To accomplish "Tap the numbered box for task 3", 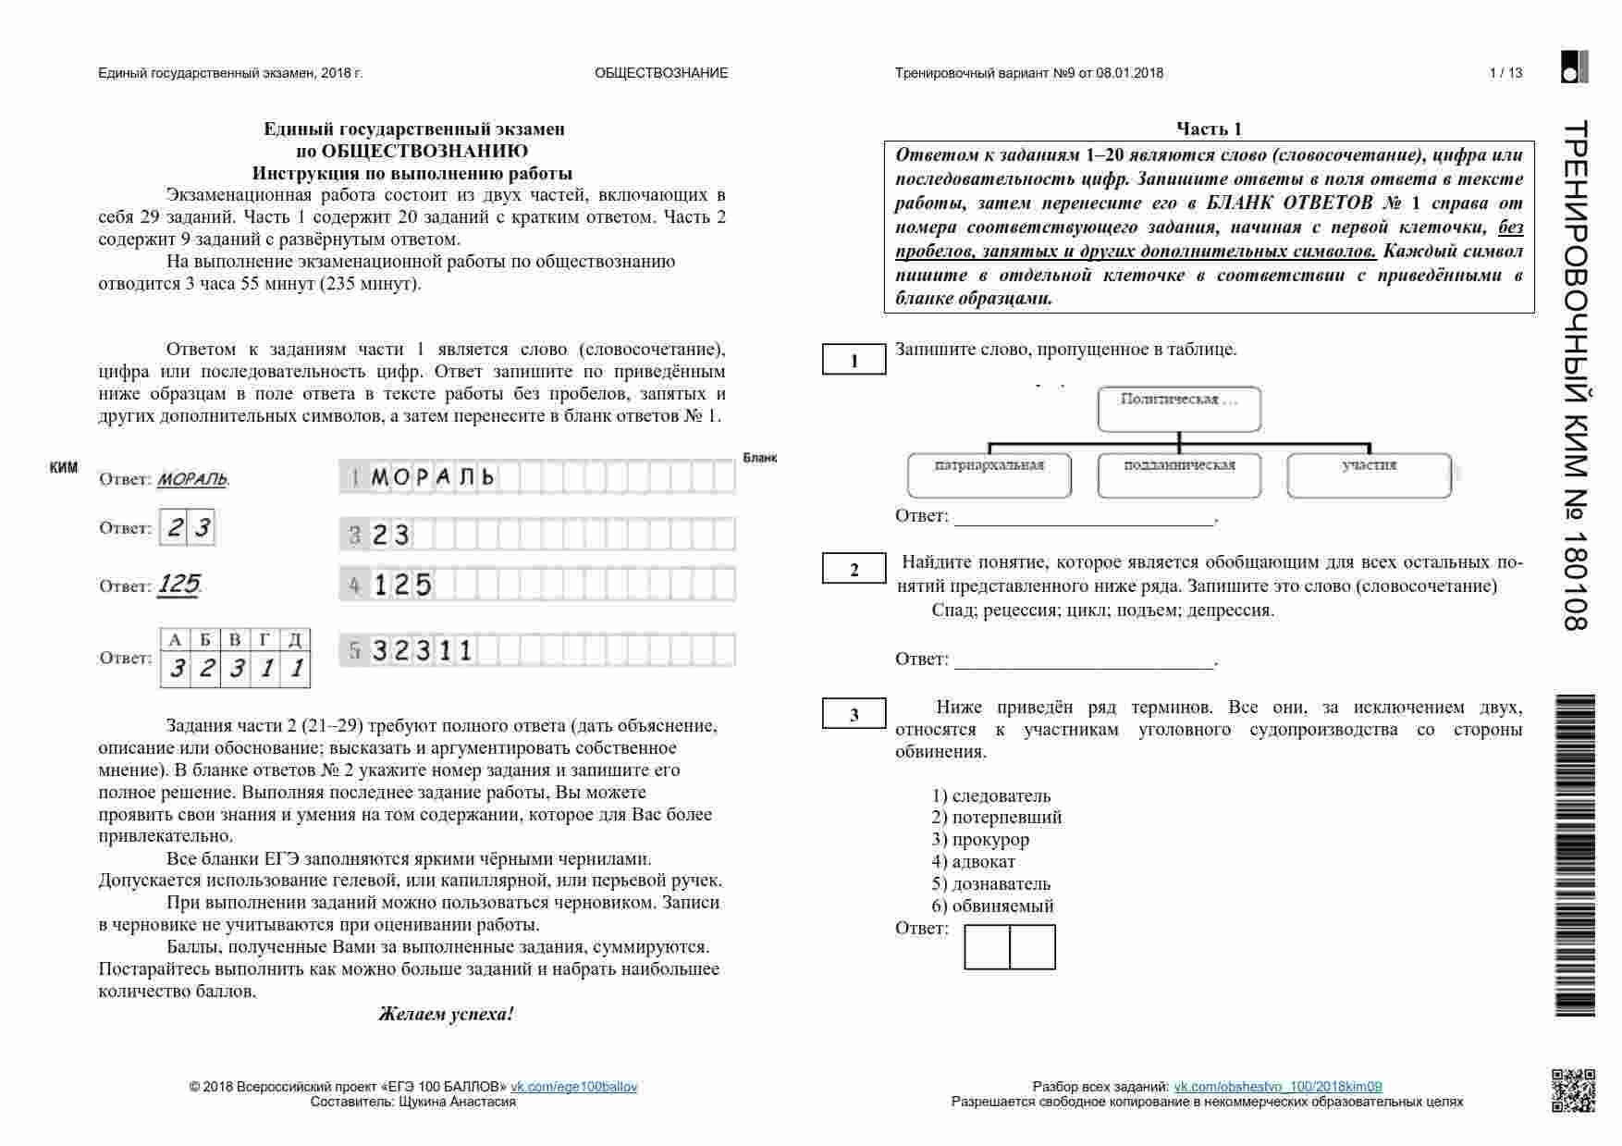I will [854, 714].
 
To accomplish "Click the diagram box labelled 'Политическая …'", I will [1179, 409].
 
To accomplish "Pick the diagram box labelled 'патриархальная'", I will [989, 474].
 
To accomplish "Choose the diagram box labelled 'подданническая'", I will [1179, 474].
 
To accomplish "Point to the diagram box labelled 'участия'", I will [1369, 474].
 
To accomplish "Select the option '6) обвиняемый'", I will [992, 906].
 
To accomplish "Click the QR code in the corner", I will [1573, 1090].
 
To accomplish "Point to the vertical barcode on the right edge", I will [1576, 855].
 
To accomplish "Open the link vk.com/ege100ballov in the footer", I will [574, 1087].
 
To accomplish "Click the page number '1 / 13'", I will [1505, 73].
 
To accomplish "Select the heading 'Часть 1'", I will [1209, 129].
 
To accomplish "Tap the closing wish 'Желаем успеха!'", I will [446, 1014].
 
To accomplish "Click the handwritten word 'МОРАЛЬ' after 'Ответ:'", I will [192, 479].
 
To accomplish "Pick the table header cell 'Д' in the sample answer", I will [295, 640].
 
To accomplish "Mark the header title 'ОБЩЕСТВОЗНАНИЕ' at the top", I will [661, 73].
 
